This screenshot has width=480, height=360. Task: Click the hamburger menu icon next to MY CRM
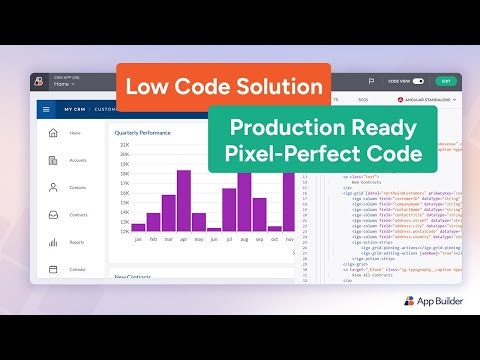point(46,109)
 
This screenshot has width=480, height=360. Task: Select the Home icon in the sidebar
point(52,132)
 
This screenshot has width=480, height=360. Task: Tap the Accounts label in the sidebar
point(77,159)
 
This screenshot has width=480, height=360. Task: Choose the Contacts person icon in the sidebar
point(52,187)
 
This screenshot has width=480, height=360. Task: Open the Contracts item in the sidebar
point(77,214)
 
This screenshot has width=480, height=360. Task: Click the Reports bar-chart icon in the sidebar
point(52,241)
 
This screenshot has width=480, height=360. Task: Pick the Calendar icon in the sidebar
point(52,268)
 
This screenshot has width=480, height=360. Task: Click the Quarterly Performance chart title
point(143,132)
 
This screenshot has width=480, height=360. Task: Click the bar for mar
point(169,211)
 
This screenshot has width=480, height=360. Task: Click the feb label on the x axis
point(153,240)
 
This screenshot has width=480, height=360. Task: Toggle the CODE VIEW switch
point(418,80)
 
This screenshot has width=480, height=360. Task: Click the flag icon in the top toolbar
point(371,80)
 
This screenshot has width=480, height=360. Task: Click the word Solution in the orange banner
point(278,87)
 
